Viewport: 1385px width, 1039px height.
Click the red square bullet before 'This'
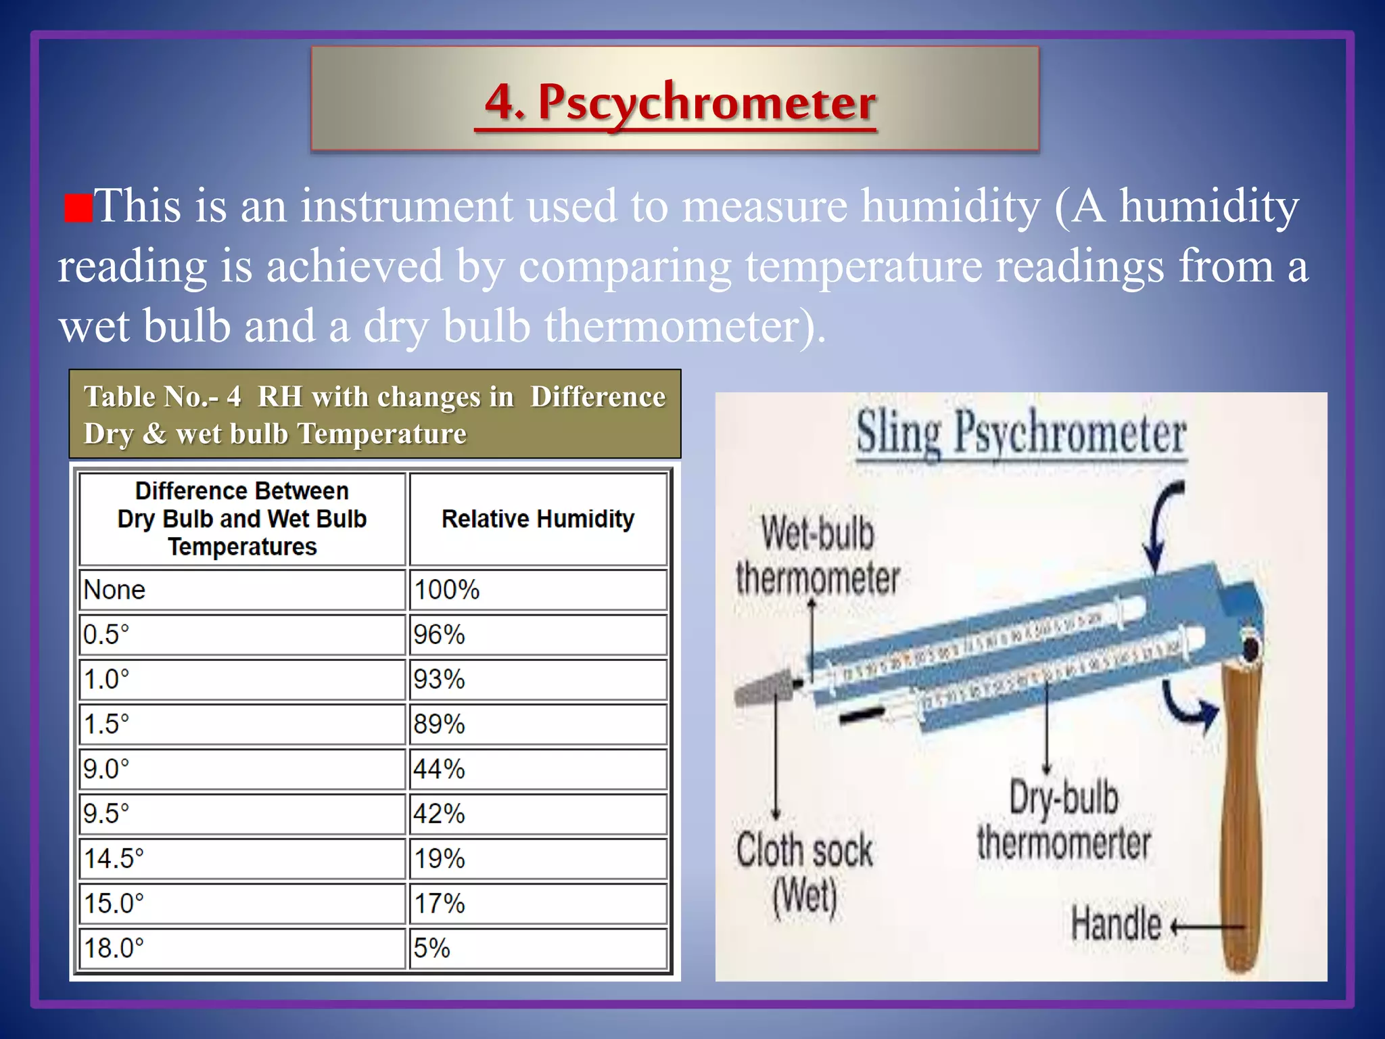(x=78, y=208)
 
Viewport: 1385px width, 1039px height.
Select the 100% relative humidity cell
(x=538, y=589)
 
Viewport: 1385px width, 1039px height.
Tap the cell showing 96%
(x=538, y=634)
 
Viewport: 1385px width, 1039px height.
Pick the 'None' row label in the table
(x=242, y=589)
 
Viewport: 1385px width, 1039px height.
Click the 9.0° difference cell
(x=242, y=768)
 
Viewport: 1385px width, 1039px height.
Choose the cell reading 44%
(x=538, y=768)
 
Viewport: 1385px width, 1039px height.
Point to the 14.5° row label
(x=242, y=858)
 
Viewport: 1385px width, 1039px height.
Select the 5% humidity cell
(x=538, y=948)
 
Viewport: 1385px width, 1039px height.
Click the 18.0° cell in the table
(x=242, y=948)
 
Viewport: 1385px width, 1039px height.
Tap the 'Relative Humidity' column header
(x=538, y=519)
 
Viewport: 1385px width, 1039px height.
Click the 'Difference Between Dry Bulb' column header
(x=242, y=519)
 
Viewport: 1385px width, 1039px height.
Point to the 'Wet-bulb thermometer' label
(x=818, y=555)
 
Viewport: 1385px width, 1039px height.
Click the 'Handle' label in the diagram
(x=1116, y=924)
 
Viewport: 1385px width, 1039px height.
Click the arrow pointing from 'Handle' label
(x=1207, y=926)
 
